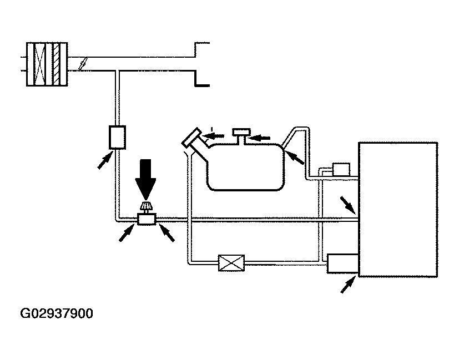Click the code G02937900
pyautogui.click(x=57, y=314)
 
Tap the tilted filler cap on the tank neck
pyautogui.click(x=193, y=138)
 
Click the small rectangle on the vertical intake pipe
pyautogui.click(x=117, y=136)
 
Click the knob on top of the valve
pyautogui.click(x=147, y=208)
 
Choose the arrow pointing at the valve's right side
pyautogui.click(x=167, y=234)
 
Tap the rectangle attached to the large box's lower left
pyautogui.click(x=342, y=263)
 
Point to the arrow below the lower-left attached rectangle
pyautogui.click(x=347, y=286)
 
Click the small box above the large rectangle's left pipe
pyautogui.click(x=340, y=169)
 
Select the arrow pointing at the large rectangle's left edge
pyautogui.click(x=349, y=205)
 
